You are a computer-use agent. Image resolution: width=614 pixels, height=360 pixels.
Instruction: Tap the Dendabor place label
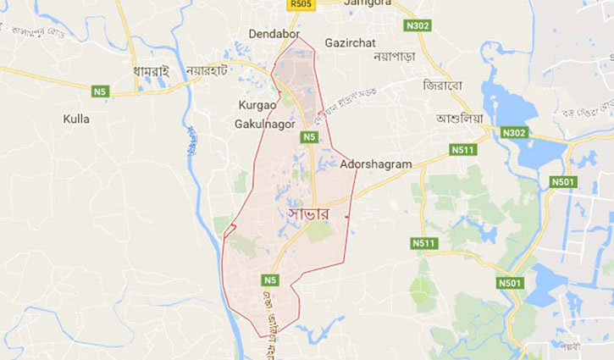pyautogui.click(x=275, y=33)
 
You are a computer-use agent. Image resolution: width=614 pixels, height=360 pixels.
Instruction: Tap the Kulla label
pyautogui.click(x=76, y=119)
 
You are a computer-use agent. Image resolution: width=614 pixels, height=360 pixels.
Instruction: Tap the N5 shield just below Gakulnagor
pyautogui.click(x=308, y=136)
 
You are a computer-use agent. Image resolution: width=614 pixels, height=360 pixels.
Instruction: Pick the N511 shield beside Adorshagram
pyautogui.click(x=462, y=150)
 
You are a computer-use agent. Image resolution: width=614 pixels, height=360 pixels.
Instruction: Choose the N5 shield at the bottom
pyautogui.click(x=270, y=280)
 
